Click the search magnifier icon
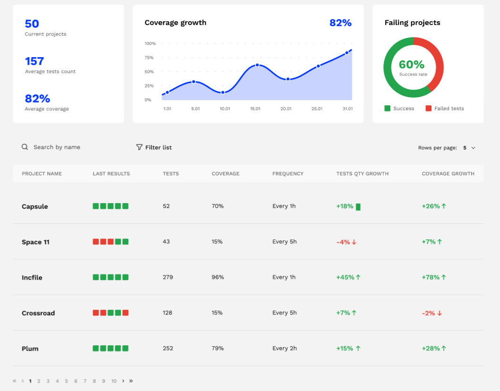pos(25,147)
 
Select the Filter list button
pos(154,147)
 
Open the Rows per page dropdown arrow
pos(474,148)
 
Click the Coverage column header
pos(225,174)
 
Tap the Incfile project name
pos(32,278)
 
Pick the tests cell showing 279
pos(168,277)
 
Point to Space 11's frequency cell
pos(284,242)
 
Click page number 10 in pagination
pos(114,381)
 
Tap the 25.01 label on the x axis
pos(317,109)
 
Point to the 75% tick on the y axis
pos(149,58)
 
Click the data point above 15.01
pos(257,65)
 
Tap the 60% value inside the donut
pos(412,65)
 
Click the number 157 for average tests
pos(34,61)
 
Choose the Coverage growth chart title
pos(175,23)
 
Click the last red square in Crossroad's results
pos(126,313)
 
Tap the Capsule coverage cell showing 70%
pos(218,206)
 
